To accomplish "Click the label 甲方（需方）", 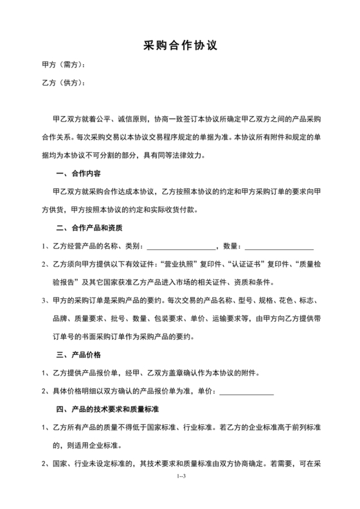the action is [62, 66].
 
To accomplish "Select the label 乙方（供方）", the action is [62, 84].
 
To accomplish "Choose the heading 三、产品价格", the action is [78, 354].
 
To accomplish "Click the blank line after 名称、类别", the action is [181, 246].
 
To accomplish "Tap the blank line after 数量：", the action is [279, 246].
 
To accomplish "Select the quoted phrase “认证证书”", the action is [245, 264].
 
